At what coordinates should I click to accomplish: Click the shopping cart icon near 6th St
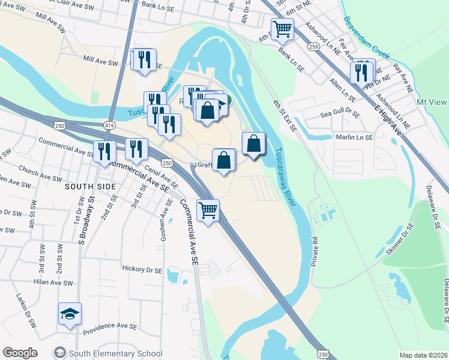click(282, 28)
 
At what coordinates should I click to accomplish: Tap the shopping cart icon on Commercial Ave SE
click(208, 211)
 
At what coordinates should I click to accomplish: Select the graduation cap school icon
click(70, 314)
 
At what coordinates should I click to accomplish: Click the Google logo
click(20, 353)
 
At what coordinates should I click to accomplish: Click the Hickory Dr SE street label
click(142, 269)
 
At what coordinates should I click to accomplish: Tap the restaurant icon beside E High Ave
click(363, 71)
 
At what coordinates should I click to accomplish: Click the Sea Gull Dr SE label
click(340, 113)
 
